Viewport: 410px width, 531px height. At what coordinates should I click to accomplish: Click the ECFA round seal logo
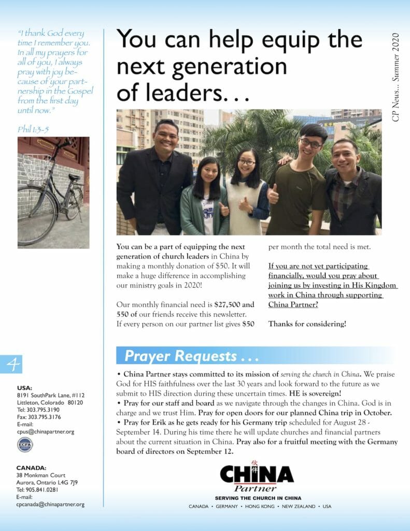click(x=24, y=444)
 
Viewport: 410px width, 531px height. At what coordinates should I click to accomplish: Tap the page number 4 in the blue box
click(x=15, y=366)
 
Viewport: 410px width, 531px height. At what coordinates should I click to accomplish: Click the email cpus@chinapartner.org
click(x=45, y=431)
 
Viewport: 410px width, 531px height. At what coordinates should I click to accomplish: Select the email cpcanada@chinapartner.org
click(x=50, y=504)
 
